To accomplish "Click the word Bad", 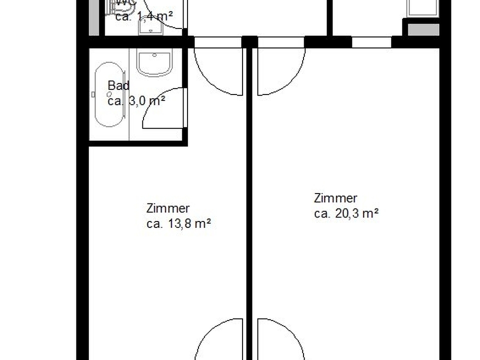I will (118, 85).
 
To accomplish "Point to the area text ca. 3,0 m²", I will (136, 100).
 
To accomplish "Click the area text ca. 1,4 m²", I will (144, 16).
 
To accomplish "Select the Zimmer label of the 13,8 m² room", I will (168, 208).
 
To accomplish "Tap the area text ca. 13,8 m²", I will (178, 224).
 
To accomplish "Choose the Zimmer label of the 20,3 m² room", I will (335, 198).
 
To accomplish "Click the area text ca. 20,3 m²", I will (346, 214).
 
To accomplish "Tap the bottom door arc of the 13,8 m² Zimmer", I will (218, 340).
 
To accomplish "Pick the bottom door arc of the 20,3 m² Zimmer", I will (281, 340).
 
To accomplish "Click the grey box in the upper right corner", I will (423, 29).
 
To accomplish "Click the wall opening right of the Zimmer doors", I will (371, 42).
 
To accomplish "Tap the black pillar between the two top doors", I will (249, 42).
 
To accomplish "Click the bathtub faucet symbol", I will (94, 94).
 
